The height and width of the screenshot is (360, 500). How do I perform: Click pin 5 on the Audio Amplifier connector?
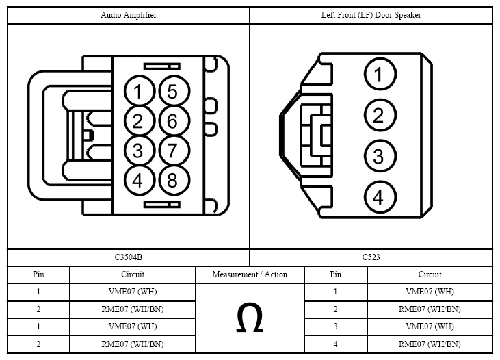(174, 91)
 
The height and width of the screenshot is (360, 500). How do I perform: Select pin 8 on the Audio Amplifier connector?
(174, 180)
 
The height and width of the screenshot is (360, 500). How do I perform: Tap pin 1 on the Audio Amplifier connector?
(140, 91)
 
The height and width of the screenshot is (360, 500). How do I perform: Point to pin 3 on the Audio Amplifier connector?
(140, 151)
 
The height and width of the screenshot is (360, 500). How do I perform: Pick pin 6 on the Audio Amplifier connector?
(174, 121)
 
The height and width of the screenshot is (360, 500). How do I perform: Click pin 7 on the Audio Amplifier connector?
(174, 151)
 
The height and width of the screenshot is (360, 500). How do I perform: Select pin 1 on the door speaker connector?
(380, 74)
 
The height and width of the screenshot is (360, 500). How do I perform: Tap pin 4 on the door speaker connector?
(380, 197)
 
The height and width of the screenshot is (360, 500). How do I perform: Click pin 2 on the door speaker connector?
(380, 115)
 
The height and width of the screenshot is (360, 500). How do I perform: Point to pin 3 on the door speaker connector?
(380, 156)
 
